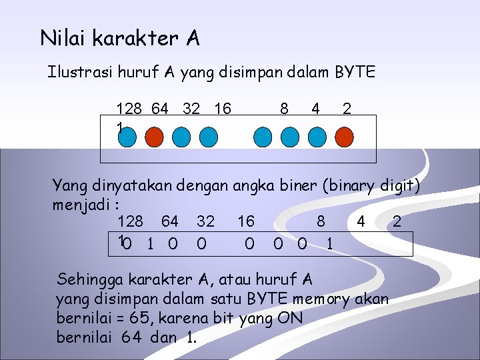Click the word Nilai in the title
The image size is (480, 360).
(63, 38)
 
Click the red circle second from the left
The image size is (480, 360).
(154, 137)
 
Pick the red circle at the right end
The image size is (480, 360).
(344, 137)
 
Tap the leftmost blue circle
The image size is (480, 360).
(127, 137)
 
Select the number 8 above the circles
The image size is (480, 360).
(284, 108)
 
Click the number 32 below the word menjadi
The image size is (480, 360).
(205, 221)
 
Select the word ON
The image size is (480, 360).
(290, 318)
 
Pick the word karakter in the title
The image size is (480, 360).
(135, 38)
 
